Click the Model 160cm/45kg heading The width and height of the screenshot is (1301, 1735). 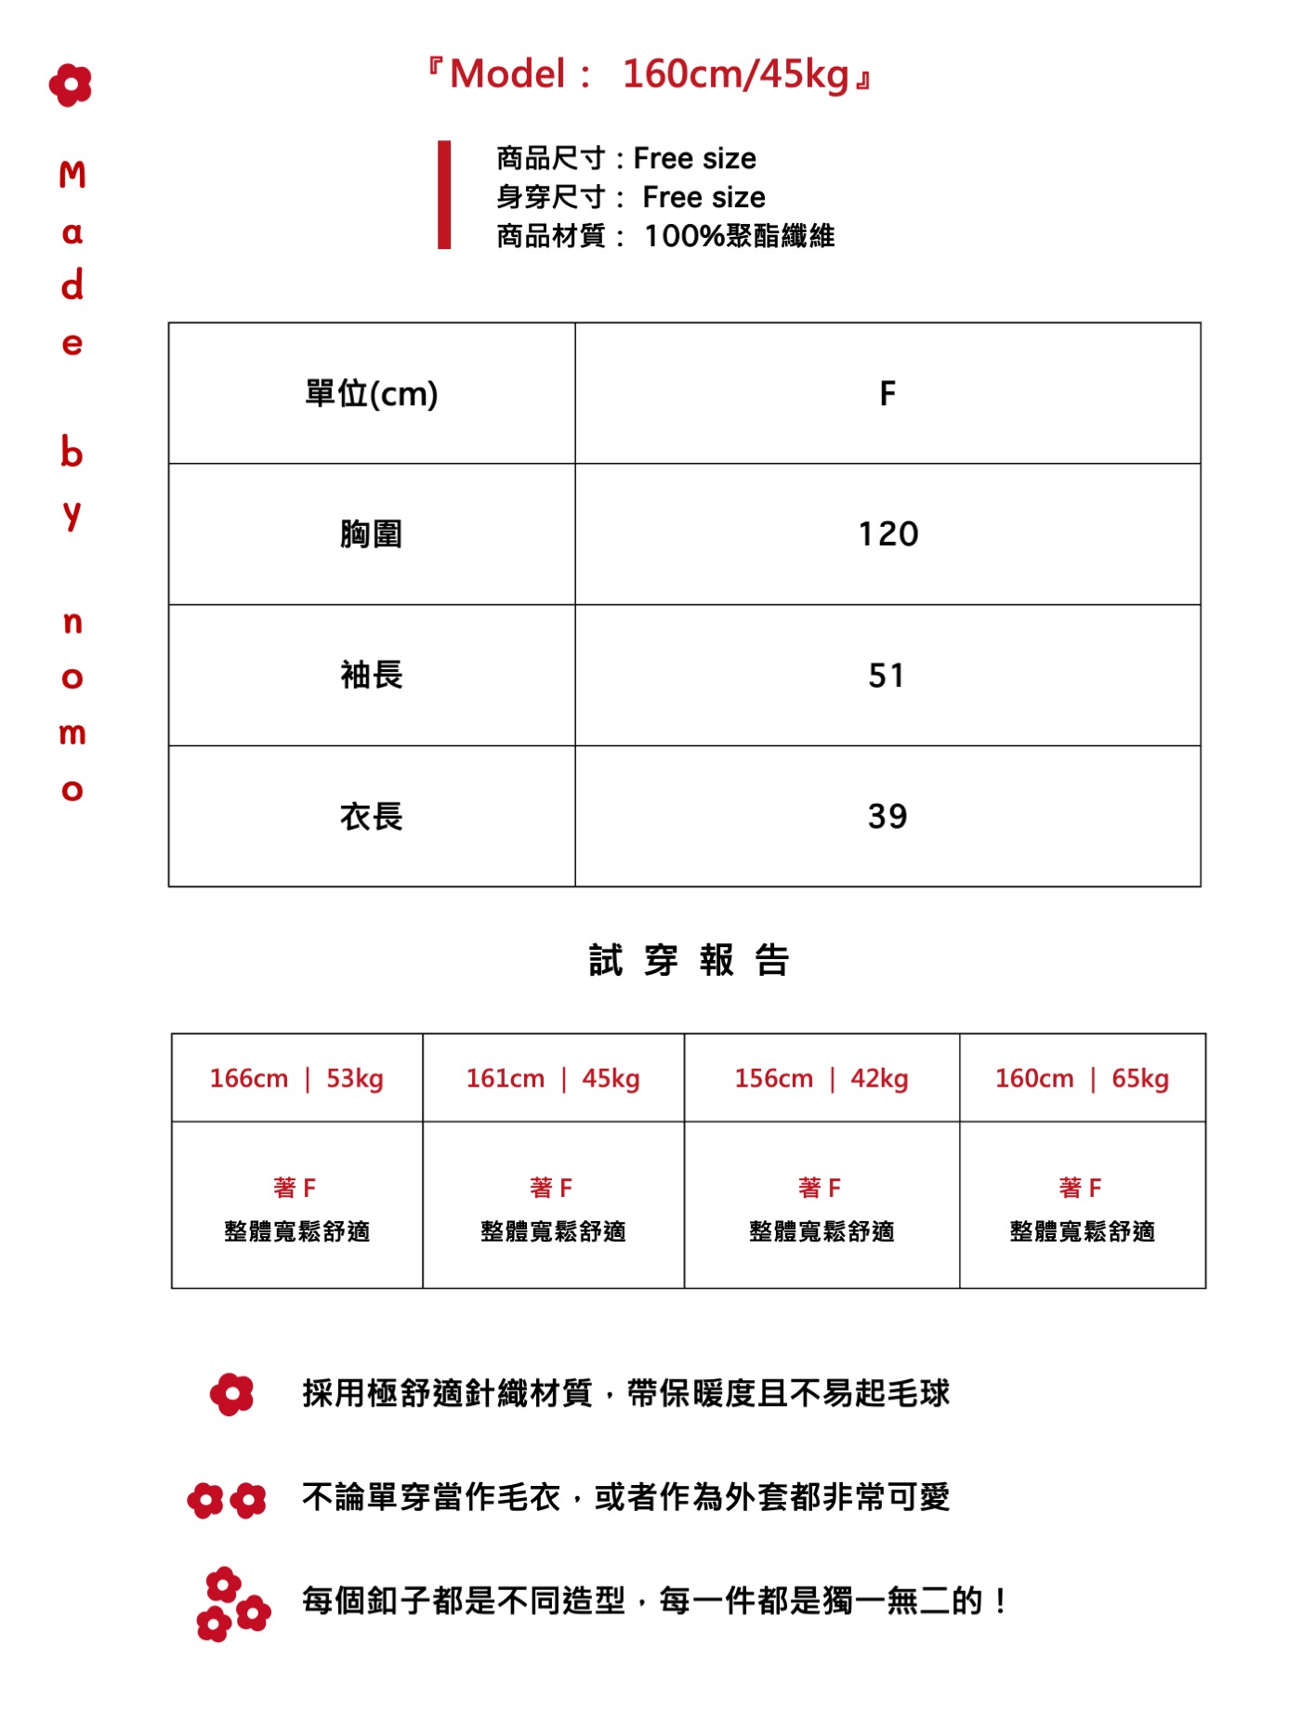click(x=650, y=74)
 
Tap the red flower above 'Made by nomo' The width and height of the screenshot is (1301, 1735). click(x=71, y=85)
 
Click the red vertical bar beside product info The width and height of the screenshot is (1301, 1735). click(x=444, y=195)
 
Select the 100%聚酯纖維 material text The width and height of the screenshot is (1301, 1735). click(x=739, y=236)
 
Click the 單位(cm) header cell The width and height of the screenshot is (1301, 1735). click(x=372, y=394)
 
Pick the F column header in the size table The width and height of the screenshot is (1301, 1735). click(x=887, y=394)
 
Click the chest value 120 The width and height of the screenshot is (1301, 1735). click(x=887, y=534)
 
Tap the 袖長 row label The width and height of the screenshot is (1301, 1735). click(x=372, y=676)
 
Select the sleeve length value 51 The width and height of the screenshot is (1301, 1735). click(x=887, y=676)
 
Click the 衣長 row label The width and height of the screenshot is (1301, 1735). click(x=372, y=817)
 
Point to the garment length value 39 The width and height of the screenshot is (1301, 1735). click(x=887, y=817)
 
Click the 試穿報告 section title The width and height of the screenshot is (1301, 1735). click(x=689, y=960)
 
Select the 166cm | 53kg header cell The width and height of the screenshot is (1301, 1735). click(x=296, y=1079)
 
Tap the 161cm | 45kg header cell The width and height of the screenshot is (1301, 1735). click(x=553, y=1079)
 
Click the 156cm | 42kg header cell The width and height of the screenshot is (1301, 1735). click(x=821, y=1079)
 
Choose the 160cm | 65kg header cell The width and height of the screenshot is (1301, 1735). click(x=1082, y=1079)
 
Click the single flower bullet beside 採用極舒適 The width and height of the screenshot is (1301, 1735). click(x=231, y=1394)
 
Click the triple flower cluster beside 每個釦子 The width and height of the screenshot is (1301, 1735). click(x=231, y=1604)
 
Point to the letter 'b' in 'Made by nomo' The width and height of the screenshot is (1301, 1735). click(x=72, y=453)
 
